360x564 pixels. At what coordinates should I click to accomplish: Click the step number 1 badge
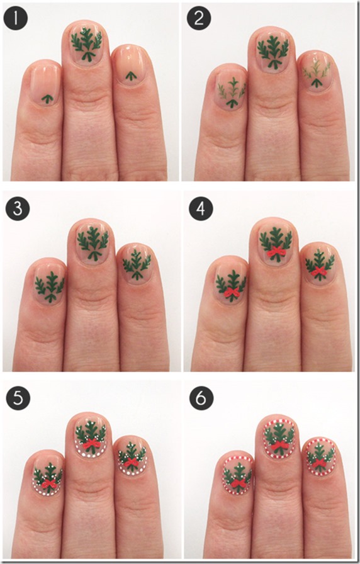(x=16, y=19)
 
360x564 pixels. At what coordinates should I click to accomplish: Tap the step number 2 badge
(x=198, y=19)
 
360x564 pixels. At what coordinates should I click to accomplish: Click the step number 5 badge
(x=18, y=398)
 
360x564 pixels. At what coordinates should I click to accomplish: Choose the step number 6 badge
(x=201, y=398)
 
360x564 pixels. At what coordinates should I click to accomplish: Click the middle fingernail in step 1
(x=86, y=43)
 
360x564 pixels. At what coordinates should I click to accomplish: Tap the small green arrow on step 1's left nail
(x=47, y=98)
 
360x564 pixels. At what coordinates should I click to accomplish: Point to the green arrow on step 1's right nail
(x=131, y=76)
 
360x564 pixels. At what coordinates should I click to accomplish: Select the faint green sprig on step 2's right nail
(x=317, y=73)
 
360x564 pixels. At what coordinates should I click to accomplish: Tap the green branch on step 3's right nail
(x=137, y=265)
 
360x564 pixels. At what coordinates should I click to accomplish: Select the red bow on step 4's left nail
(x=232, y=293)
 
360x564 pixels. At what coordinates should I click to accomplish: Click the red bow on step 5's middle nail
(x=91, y=445)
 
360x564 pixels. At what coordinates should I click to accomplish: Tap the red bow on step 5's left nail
(x=48, y=484)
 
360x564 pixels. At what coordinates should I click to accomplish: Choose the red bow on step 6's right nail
(x=318, y=463)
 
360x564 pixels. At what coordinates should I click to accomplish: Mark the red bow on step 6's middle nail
(x=280, y=446)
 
